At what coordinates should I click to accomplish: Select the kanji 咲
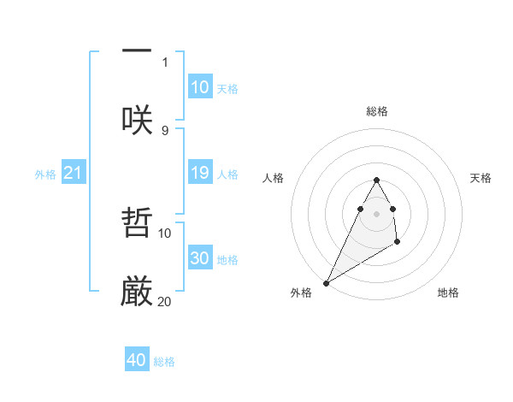point(137,119)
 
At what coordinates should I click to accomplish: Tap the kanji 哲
point(137,224)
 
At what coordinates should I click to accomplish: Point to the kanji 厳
point(137,291)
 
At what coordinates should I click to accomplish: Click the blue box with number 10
point(200,86)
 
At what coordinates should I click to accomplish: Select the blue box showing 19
point(200,173)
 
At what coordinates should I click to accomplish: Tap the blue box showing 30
point(200,258)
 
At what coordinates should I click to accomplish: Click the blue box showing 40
point(137,360)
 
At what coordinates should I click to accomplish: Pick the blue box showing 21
point(74,173)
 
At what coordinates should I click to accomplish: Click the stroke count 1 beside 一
point(165,62)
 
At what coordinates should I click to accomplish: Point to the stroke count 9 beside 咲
point(165,130)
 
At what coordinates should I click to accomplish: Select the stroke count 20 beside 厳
point(165,301)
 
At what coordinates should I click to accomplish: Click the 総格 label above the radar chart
point(376,111)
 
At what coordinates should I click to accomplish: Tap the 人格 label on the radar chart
point(274,178)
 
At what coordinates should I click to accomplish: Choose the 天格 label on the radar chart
point(481,178)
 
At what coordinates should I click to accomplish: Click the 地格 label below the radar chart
point(448,293)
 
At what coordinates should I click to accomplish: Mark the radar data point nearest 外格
point(326,282)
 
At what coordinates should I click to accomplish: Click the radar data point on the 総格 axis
point(376,180)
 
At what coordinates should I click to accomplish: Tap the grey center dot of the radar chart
point(376,213)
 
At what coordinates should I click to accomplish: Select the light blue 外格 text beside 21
point(45,174)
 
